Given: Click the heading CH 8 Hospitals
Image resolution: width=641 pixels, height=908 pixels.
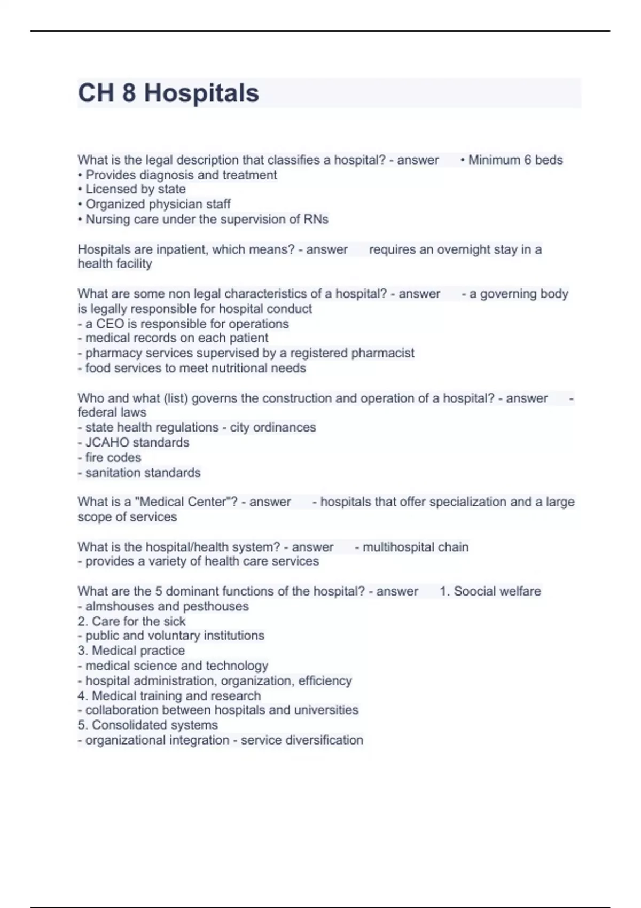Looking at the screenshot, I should point(168,93).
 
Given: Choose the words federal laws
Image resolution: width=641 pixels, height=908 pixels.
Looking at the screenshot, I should point(112,412).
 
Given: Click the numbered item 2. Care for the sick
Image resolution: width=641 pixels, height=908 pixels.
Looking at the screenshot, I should point(131,621).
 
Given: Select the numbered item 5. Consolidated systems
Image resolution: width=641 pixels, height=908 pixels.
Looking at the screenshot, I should point(147,725).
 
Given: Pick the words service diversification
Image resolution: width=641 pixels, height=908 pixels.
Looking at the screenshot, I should point(302,740).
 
